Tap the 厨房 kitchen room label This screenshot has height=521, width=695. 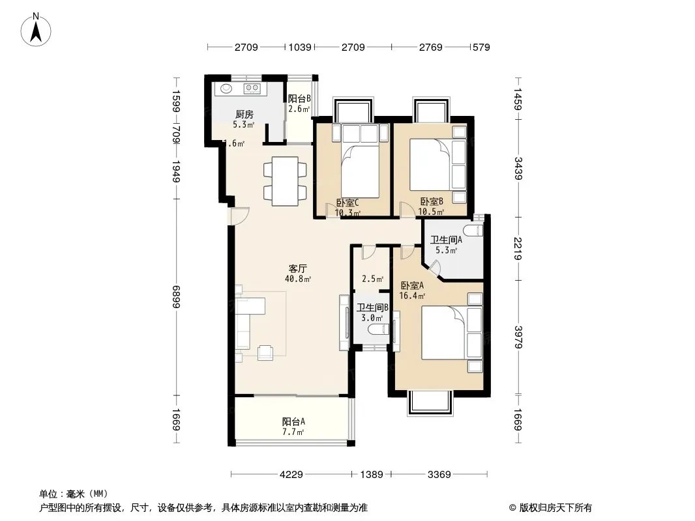point(244,114)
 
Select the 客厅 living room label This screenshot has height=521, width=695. point(298,269)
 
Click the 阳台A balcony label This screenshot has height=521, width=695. point(293,421)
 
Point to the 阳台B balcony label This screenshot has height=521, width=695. point(299,98)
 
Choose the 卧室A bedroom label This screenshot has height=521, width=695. point(412,285)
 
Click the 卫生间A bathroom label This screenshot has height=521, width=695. point(447,240)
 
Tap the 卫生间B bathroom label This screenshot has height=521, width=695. point(373,307)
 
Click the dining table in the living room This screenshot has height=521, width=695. point(285,181)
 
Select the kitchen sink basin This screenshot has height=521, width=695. point(226,89)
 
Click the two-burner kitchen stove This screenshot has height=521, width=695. point(252,89)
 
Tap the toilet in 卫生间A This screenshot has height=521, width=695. point(473,230)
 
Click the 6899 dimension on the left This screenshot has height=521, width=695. point(177,296)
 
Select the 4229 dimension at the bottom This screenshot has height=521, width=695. point(291,475)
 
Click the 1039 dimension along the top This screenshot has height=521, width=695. point(300,47)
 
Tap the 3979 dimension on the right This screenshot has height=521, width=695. point(518,337)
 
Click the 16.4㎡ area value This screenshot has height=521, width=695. point(412,296)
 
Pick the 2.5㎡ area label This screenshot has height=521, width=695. point(373,279)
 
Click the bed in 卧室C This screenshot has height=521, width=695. point(360,171)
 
